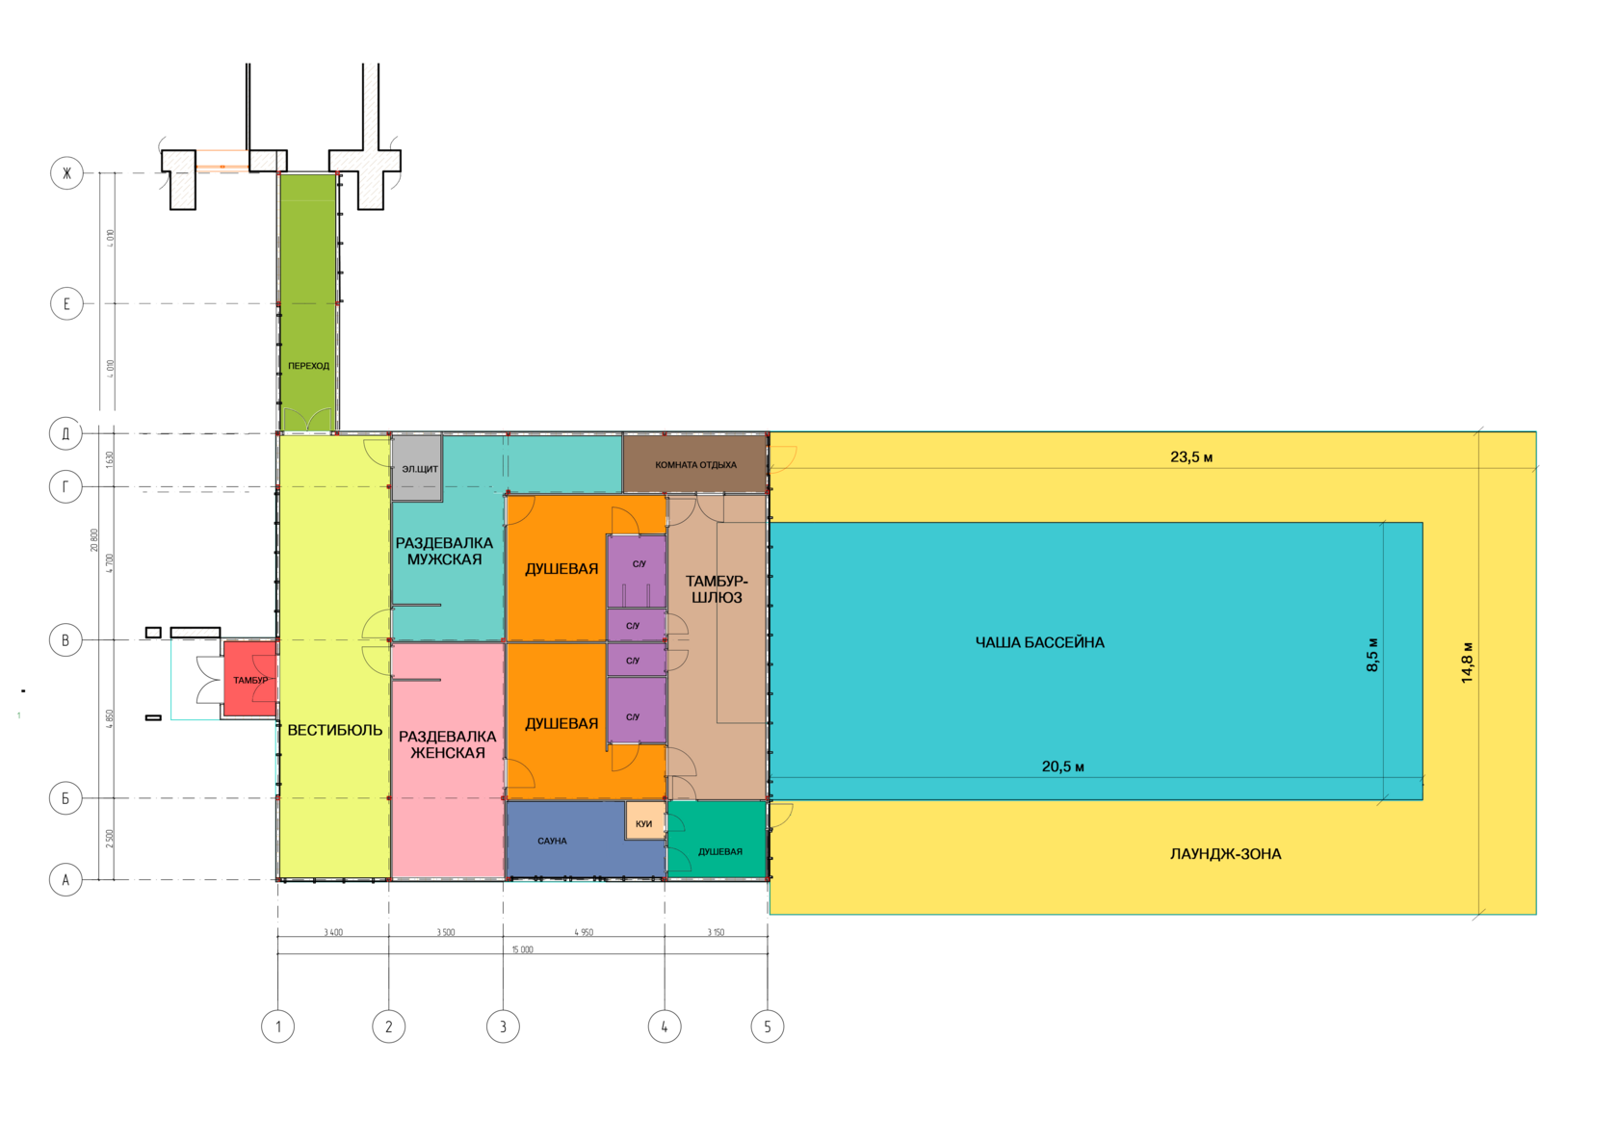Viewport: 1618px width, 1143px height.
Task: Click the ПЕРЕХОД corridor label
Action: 308,366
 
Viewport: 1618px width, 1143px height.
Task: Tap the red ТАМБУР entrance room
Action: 249,680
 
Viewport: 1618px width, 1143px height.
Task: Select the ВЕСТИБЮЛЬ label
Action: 334,730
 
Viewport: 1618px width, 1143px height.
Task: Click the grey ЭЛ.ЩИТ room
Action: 418,469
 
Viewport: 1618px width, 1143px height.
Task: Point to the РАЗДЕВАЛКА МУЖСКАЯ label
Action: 444,551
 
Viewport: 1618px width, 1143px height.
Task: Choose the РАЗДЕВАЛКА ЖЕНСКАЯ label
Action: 447,744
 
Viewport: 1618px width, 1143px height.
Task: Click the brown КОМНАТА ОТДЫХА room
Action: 695,465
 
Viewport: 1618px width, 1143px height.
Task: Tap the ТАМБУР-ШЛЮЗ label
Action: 717,589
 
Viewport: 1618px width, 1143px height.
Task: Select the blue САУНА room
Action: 552,841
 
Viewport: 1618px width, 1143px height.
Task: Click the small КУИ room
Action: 644,823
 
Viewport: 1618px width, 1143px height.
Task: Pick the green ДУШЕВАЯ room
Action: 719,851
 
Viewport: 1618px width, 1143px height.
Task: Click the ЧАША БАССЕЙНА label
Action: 1039,642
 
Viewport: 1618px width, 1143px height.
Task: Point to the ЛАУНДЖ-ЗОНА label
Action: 1225,854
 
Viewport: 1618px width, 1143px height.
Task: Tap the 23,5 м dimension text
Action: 1191,456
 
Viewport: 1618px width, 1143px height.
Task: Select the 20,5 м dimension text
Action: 1062,766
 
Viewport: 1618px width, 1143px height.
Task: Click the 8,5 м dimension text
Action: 1372,655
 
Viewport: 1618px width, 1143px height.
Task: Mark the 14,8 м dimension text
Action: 1467,662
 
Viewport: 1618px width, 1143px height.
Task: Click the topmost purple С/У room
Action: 639,564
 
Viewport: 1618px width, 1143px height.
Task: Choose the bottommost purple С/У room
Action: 634,716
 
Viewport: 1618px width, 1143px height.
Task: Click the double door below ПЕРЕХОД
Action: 308,420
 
